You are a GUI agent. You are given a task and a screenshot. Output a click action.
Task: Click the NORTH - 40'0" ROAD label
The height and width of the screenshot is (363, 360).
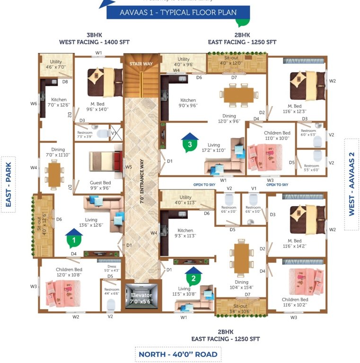pos(178,354)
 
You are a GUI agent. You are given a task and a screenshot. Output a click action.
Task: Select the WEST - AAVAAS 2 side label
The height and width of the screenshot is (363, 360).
pos(351,184)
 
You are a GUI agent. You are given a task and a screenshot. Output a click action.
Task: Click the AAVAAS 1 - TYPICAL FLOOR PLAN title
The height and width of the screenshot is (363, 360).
pos(178,12)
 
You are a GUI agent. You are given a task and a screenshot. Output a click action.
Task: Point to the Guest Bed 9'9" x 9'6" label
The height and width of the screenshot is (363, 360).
pos(100,185)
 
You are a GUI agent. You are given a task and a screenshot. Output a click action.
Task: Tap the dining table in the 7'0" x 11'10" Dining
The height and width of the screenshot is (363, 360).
pos(55,173)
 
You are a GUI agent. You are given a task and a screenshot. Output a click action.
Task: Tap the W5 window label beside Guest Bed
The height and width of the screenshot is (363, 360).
pos(128,167)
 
